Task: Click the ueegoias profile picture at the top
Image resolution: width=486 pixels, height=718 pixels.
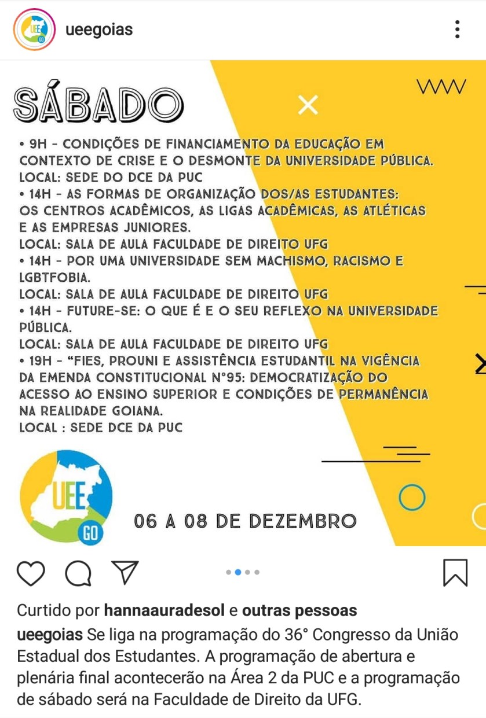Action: [34, 30]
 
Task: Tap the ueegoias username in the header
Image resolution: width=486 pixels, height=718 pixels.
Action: [99, 30]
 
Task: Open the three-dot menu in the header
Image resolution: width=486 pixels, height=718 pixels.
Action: [457, 30]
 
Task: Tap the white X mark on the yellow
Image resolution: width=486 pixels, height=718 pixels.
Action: [308, 105]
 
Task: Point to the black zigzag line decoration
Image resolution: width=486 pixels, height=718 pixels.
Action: [441, 87]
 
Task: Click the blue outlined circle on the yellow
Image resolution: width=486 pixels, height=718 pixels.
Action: [412, 496]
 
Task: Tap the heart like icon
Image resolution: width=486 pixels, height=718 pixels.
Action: [31, 573]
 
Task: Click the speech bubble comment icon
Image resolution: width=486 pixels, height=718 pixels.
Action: [78, 573]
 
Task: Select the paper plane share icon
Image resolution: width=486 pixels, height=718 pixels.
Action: [125, 572]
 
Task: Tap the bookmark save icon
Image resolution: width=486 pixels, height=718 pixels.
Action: [455, 573]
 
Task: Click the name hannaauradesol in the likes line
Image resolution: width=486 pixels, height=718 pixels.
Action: [164, 610]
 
